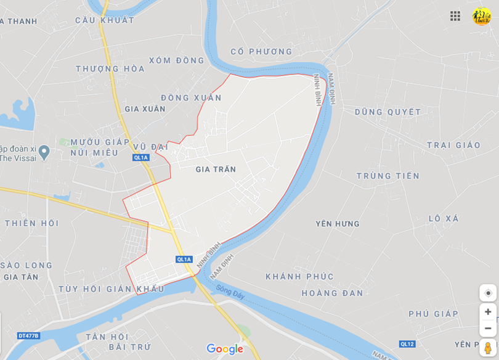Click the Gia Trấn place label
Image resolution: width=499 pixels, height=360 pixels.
(216, 169)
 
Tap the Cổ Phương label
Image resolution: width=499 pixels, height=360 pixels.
(262, 52)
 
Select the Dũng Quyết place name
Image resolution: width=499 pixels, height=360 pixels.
(388, 112)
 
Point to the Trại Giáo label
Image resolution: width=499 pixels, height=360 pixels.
(453, 145)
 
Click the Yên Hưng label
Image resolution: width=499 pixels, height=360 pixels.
(338, 223)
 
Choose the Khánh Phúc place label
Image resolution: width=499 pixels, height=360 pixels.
(299, 277)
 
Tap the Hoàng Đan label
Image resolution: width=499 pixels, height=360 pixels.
(333, 293)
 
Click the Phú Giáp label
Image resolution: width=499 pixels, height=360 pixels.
(434, 314)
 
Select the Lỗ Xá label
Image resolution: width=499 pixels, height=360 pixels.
(444, 218)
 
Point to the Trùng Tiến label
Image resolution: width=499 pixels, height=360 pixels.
(388, 176)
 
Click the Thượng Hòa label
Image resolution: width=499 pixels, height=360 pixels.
(110, 69)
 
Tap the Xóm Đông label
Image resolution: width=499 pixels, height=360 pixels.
(176, 60)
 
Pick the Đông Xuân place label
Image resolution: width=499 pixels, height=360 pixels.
(191, 97)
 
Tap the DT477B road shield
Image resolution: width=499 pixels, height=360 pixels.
(28, 336)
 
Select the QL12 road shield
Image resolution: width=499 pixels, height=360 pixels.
(407, 344)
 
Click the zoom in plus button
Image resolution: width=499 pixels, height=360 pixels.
(488, 312)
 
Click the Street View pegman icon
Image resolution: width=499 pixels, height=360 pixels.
(488, 348)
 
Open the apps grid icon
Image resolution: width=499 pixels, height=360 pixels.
(455, 16)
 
